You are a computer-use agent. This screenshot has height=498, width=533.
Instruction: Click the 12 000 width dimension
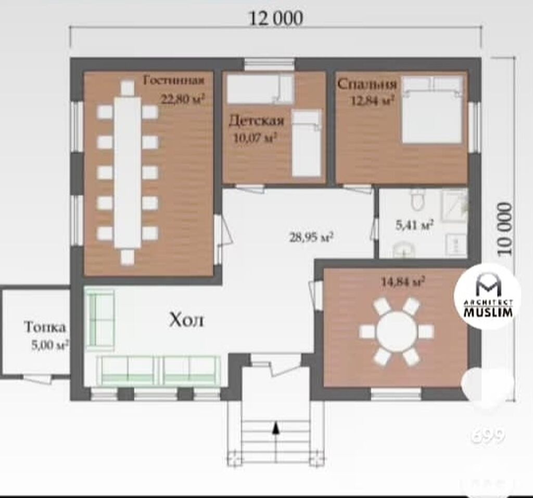coord(276,18)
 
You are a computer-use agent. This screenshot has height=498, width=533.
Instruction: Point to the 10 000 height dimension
coord(504,229)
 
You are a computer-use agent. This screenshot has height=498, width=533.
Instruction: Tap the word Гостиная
coord(173,80)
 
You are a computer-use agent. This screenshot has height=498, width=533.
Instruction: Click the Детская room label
coord(256,121)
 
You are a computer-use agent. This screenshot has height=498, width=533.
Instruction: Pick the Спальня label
coord(367,84)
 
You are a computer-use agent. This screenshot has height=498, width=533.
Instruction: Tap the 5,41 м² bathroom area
coord(414,225)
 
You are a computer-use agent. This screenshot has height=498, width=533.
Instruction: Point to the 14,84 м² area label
coord(403,282)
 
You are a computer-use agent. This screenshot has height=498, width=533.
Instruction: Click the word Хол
coord(187,320)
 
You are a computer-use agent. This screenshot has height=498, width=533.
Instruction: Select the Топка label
coord(45,327)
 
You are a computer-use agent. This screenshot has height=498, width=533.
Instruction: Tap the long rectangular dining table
coord(128,172)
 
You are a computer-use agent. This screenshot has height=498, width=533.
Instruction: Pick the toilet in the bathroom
coord(417,200)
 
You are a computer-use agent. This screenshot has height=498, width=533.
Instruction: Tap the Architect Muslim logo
coord(488,296)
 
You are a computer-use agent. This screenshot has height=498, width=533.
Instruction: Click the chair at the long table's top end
coord(128,88)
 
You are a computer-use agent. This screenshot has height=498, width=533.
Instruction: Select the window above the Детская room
coord(270,65)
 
